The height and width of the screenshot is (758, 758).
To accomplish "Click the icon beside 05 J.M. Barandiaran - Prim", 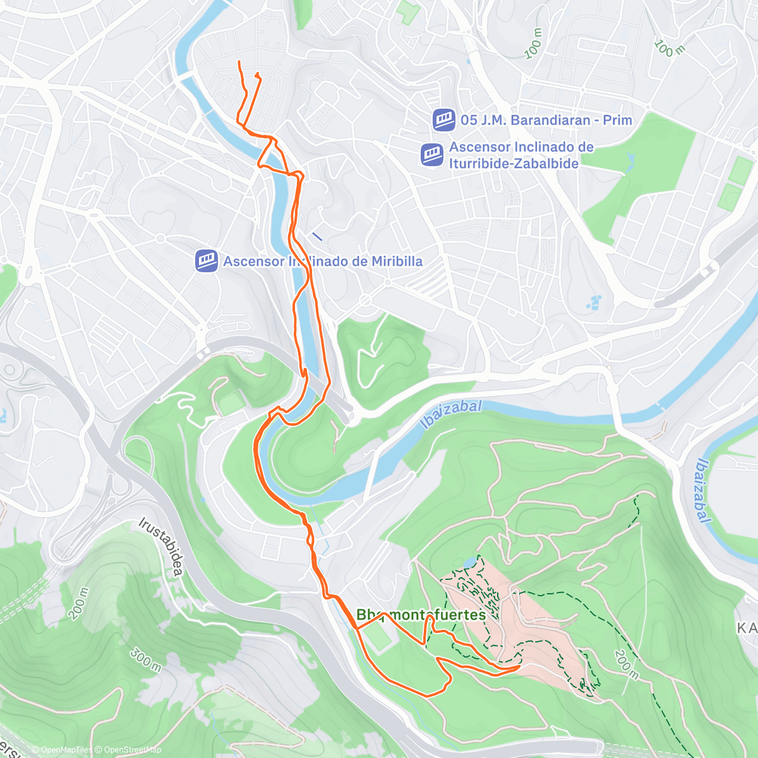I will (x=444, y=120).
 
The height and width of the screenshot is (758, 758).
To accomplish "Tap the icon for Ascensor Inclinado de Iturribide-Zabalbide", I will (x=432, y=155).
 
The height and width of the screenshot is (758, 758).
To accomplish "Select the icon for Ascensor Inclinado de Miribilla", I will (x=207, y=261).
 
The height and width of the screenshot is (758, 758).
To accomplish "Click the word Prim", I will (x=617, y=120).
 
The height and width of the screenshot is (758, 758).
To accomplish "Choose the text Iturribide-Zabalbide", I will (x=513, y=164).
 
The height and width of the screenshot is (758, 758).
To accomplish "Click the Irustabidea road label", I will (x=160, y=548).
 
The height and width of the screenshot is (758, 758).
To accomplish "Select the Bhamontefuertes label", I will (x=421, y=615).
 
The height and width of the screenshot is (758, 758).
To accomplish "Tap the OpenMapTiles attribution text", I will (x=62, y=750).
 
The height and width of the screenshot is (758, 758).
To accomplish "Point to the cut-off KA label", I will (x=747, y=628).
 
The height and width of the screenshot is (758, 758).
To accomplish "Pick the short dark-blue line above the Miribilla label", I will (x=317, y=237).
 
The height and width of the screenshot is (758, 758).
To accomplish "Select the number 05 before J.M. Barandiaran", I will (x=469, y=120).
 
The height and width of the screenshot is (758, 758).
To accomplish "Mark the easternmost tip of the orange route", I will (x=519, y=666).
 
